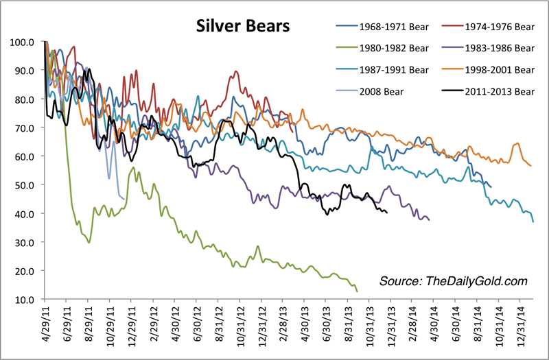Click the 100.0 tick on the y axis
(x=22, y=42)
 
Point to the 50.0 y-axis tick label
(x=24, y=185)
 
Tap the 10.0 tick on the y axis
(x=24, y=300)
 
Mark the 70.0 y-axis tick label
(x=24, y=128)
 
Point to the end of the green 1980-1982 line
(x=358, y=291)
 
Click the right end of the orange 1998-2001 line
(x=530, y=165)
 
